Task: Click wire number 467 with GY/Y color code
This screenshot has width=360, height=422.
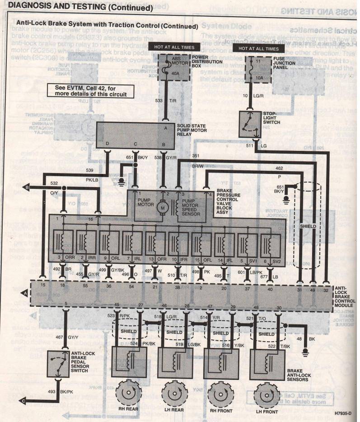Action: (x=60, y=337)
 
